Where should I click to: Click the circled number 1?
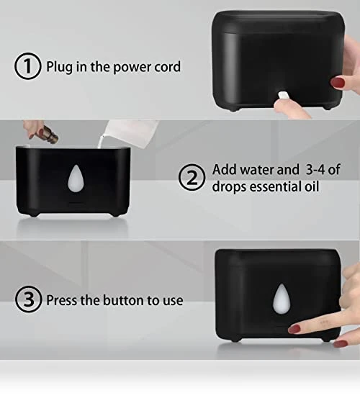click(27, 66)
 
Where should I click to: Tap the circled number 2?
click(192, 177)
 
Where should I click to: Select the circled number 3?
click(29, 299)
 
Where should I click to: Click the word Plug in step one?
click(60, 67)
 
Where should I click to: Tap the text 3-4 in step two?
click(315, 170)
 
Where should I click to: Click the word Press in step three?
click(62, 300)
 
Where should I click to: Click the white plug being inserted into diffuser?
click(282, 96)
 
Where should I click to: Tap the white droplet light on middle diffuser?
click(76, 178)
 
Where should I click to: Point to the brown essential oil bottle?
click(48, 133)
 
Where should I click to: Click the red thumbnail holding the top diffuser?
click(338, 83)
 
